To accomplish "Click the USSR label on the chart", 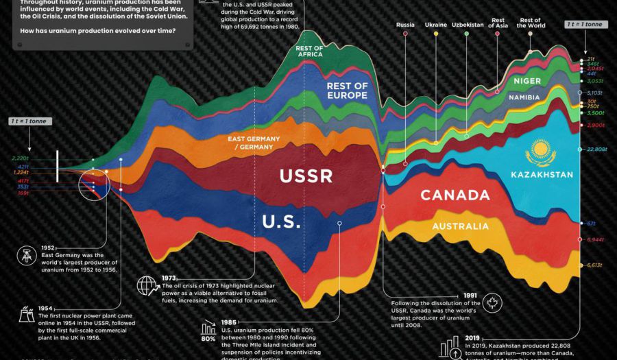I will point(306,176).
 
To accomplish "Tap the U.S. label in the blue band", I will point(282,221).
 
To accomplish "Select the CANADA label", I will point(455,195).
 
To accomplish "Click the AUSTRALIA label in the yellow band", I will point(460,226).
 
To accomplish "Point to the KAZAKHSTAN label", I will point(542,175).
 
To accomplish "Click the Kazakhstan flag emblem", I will point(542,152).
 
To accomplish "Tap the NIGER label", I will point(527,81).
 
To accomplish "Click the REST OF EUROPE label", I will point(347,91).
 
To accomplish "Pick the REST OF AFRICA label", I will point(310,52).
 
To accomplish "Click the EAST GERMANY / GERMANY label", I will point(254,143).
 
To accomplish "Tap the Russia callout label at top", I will point(405,25).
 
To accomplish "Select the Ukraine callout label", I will point(436,25).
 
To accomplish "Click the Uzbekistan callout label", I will point(468,25).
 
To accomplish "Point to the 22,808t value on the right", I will point(596,149).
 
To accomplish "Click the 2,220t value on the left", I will point(20,158).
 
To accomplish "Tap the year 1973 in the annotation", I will point(170,278).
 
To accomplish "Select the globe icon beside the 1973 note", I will point(146,285).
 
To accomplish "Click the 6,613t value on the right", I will point(594,265).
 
